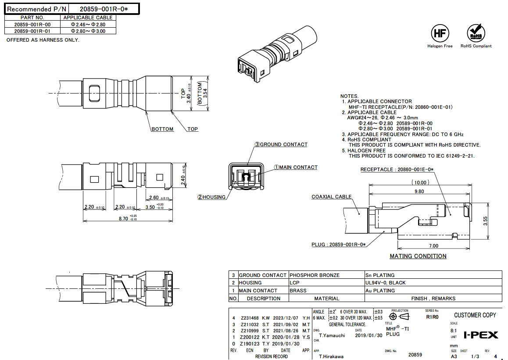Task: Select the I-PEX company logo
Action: [481, 335]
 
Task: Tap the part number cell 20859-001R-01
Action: [32, 31]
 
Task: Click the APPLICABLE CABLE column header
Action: [88, 18]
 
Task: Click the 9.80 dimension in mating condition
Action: [419, 191]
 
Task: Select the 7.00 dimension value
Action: [433, 246]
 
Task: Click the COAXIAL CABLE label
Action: [331, 197]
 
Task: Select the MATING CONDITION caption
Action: [418, 256]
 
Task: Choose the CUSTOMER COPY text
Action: [475, 315]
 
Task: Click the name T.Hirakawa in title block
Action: [331, 356]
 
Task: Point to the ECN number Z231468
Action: [250, 318]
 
